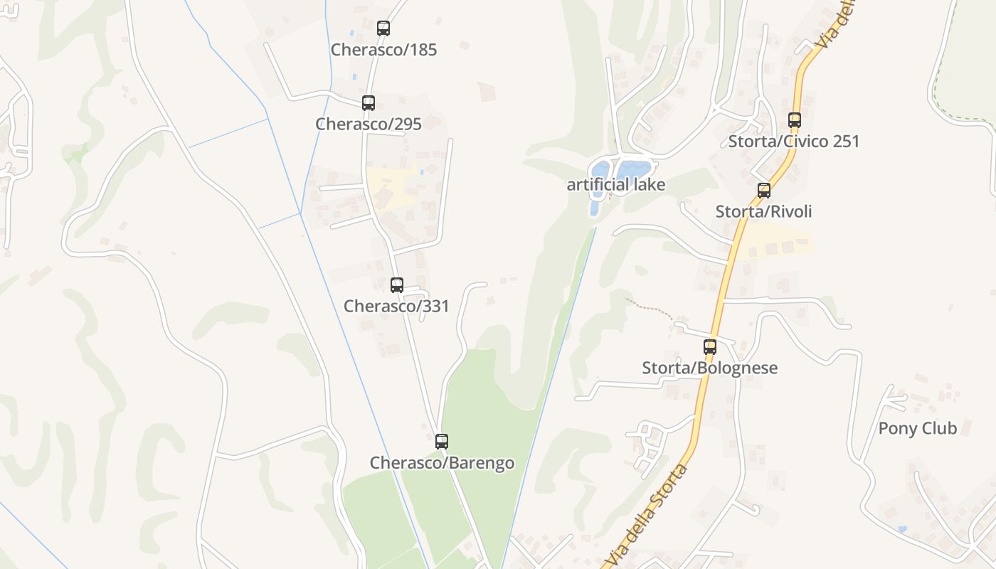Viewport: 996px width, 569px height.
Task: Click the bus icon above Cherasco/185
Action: pos(383,28)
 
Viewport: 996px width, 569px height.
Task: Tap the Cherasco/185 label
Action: pos(383,50)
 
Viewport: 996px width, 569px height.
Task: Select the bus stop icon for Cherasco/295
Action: pos(369,102)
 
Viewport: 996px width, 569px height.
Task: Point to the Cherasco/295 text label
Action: pos(369,124)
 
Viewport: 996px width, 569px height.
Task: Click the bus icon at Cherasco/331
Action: pos(397,284)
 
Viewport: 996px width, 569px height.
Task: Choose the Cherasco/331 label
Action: pos(396,306)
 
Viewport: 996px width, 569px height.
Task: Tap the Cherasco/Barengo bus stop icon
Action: pos(442,441)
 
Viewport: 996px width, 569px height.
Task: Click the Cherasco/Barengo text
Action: pos(442,463)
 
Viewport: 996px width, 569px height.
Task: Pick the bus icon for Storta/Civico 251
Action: pos(795,119)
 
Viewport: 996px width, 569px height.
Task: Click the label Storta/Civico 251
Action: pos(794,141)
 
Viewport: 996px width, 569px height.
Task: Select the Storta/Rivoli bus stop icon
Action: pos(764,190)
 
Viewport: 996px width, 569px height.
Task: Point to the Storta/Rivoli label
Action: pos(763,211)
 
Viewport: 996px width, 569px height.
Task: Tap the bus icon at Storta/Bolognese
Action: pos(710,346)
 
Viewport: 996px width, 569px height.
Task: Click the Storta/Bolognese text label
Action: pos(709,368)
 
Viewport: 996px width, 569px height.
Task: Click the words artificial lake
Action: pos(615,185)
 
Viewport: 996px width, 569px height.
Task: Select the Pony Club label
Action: pos(917,428)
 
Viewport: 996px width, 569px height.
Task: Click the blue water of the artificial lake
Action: pos(632,169)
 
